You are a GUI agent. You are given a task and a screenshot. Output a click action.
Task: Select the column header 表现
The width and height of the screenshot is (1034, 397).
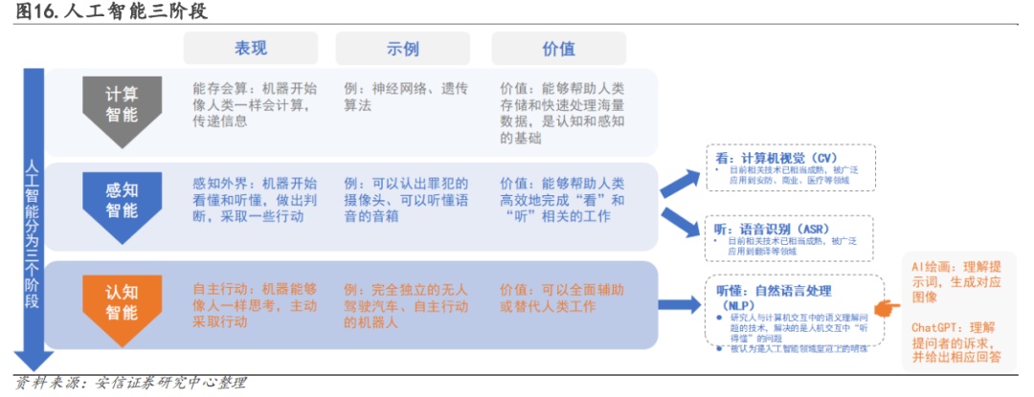[x=250, y=48]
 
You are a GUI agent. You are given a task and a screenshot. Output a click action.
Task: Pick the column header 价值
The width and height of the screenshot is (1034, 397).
[x=558, y=48]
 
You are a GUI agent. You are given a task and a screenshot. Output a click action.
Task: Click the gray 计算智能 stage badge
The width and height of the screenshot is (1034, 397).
[x=122, y=106]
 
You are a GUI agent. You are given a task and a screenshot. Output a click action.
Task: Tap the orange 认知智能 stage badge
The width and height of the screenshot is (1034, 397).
[x=122, y=296]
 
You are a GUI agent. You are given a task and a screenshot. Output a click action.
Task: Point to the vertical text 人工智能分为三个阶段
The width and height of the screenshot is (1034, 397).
[x=32, y=230]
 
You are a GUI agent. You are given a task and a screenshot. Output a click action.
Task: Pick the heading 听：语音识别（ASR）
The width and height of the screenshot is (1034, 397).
[x=772, y=230]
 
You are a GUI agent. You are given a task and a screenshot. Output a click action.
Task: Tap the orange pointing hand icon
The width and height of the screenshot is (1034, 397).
[x=888, y=306]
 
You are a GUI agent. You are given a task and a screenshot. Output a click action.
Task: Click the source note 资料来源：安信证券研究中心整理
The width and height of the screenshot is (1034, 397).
[x=131, y=384]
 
